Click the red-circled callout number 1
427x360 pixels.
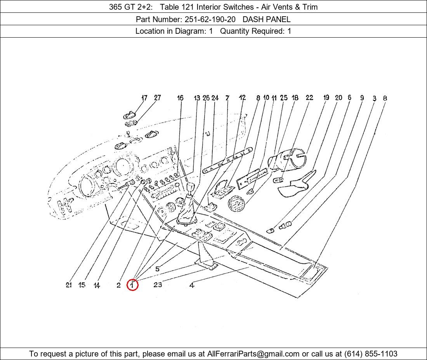coord(133,285)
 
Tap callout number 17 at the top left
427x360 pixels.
coord(144,98)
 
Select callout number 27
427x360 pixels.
coord(157,98)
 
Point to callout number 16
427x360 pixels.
coord(180,98)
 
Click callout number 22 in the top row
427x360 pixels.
coord(309,97)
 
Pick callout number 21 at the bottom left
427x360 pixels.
coord(69,285)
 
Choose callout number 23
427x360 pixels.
coord(158,285)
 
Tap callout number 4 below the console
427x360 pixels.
coord(192,285)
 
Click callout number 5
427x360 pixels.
coord(157,269)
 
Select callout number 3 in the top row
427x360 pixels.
coord(375,98)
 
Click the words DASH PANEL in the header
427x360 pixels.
coord(266,19)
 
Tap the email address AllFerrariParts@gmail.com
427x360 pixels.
coord(253,354)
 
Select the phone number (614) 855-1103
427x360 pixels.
coord(371,354)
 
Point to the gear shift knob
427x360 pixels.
coord(190,187)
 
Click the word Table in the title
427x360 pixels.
coord(170,7)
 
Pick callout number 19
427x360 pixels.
coord(326,97)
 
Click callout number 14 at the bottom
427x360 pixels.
coord(97,285)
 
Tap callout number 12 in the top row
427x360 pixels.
coord(242,97)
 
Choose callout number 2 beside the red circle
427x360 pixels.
coord(118,285)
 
